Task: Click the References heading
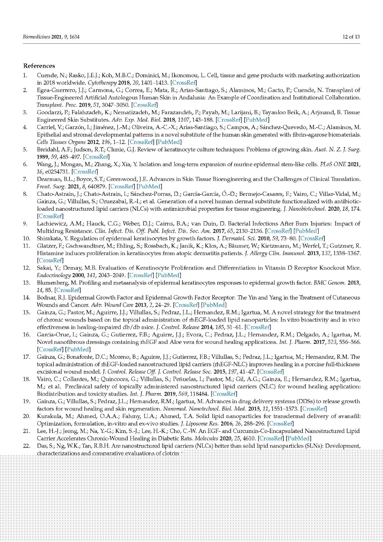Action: (39, 66)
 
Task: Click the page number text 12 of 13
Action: (351, 37)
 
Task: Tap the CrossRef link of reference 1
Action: (184, 83)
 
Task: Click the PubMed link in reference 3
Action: (256, 120)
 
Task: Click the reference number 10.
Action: (26, 238)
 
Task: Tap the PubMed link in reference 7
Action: (149, 186)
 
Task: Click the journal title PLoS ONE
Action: (333, 164)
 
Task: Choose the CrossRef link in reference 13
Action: (68, 290)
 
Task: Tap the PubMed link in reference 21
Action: (299, 438)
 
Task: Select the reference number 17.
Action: (26, 357)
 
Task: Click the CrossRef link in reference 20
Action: (280, 423)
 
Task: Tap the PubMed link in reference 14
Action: (214, 305)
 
